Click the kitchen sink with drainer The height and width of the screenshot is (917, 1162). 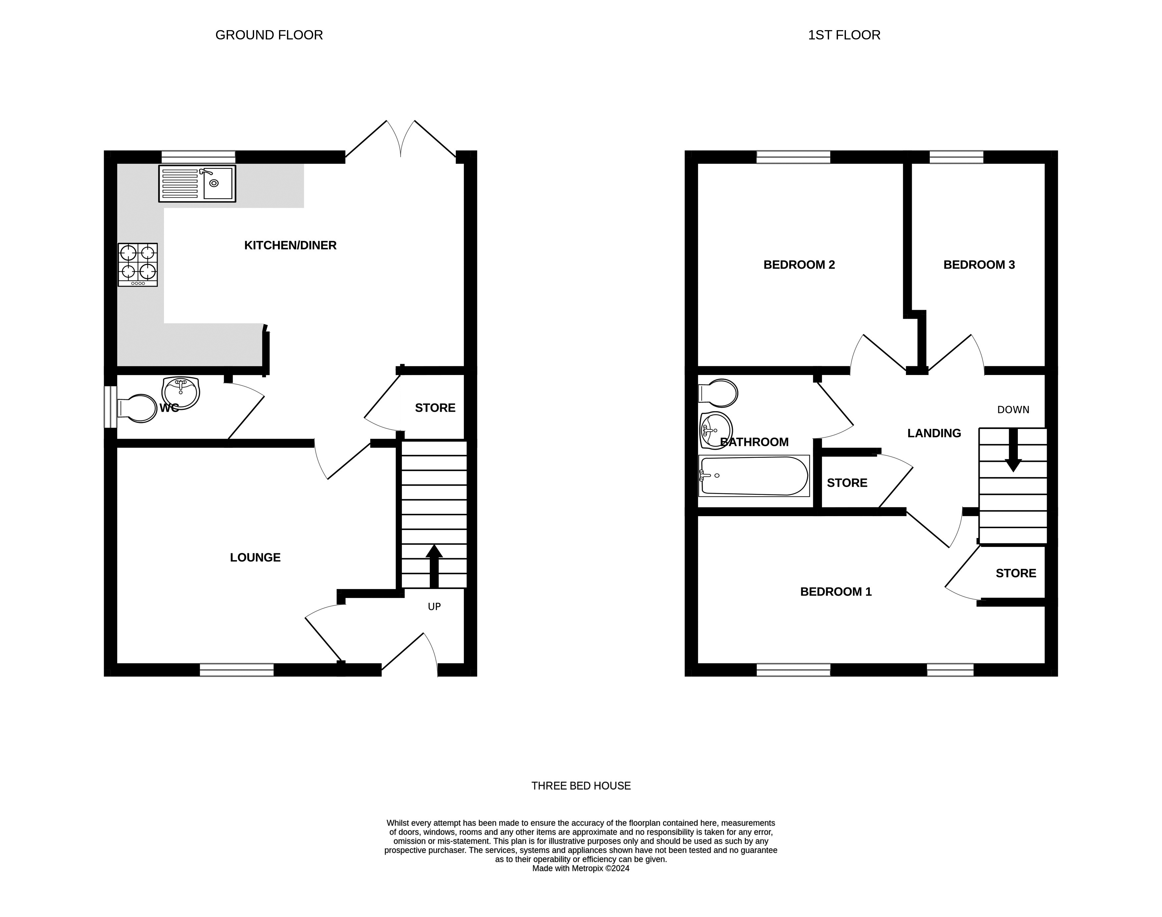[x=197, y=184]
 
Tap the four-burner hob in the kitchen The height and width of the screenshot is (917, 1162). [x=138, y=265]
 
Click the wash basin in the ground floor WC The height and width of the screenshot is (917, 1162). [x=181, y=393]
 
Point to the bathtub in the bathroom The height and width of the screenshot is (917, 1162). [x=754, y=476]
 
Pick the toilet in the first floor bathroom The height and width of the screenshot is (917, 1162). [x=718, y=393]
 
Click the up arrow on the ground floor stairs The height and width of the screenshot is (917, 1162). [x=434, y=566]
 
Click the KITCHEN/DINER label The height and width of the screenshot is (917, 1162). [x=291, y=245]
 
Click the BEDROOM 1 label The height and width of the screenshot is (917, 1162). [x=836, y=592]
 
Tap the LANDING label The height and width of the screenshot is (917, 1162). [x=934, y=433]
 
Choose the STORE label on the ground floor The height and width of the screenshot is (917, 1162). [x=435, y=408]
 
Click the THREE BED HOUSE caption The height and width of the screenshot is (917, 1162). [x=581, y=786]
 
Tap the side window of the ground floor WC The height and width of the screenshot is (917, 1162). [x=110, y=407]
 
